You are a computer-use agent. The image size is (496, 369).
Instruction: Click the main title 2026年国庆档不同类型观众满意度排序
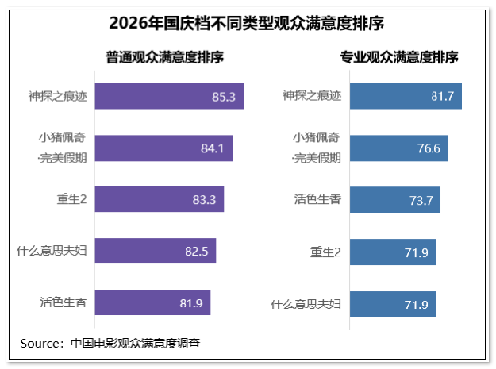click(247, 23)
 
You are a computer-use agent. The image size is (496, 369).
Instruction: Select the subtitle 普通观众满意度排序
click(164, 57)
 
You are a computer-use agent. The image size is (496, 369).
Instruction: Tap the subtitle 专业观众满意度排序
click(399, 57)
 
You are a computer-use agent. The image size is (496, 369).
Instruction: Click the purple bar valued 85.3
click(169, 96)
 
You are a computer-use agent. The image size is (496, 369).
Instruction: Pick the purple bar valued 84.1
click(163, 148)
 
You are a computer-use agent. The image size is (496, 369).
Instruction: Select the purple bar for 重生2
click(160, 199)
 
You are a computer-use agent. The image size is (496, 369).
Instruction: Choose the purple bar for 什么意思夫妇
click(156, 251)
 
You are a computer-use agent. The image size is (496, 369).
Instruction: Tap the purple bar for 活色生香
click(152, 302)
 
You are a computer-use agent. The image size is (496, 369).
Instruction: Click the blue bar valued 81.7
click(406, 96)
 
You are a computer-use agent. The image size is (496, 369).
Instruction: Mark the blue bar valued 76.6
click(399, 148)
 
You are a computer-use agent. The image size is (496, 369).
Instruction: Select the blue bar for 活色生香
click(395, 200)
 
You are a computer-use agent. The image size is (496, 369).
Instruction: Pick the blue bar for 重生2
click(393, 252)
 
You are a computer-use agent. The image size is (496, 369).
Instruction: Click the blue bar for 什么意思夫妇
click(393, 304)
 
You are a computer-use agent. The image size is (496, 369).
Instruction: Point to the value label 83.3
click(204, 200)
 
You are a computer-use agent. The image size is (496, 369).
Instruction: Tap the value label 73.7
click(421, 201)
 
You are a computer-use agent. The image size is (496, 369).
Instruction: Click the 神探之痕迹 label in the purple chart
click(58, 96)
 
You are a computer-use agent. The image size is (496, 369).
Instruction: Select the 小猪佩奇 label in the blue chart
click(316, 137)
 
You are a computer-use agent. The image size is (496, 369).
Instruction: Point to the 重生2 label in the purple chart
click(71, 199)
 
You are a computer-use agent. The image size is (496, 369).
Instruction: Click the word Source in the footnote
click(40, 344)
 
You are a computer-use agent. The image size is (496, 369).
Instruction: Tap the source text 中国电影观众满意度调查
click(136, 344)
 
